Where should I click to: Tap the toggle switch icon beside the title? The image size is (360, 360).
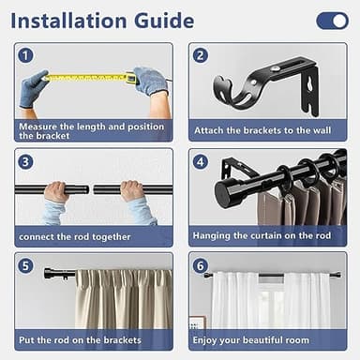click(332, 21)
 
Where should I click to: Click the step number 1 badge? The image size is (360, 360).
click(26, 55)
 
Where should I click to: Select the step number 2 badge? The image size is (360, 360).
click(200, 55)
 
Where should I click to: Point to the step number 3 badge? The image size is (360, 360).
click(26, 161)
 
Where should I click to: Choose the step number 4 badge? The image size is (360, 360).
click(200, 161)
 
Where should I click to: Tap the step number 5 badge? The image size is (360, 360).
click(26, 265)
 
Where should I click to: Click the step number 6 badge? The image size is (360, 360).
click(200, 265)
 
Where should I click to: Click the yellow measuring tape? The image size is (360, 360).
click(89, 78)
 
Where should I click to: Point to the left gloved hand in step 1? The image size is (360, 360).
click(34, 89)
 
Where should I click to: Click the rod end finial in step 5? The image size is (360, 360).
click(49, 274)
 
